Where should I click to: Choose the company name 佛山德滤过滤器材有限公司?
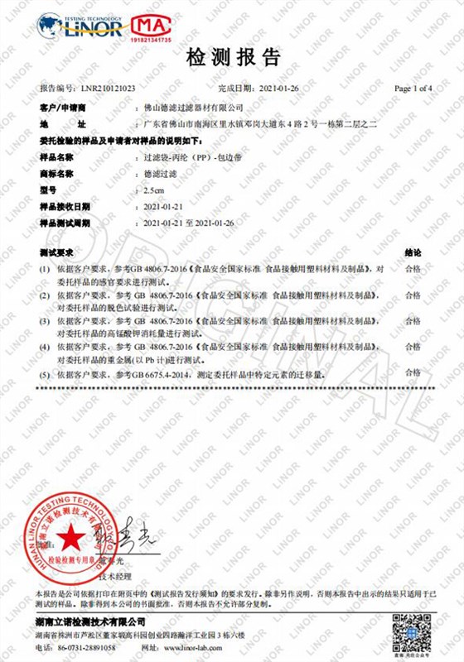[195, 108]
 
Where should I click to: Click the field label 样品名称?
[57, 156]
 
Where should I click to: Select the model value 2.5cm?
[155, 189]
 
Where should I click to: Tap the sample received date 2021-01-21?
[164, 206]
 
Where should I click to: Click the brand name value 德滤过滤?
[159, 173]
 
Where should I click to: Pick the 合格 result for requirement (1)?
[413, 269]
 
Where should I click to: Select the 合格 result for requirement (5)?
[413, 375]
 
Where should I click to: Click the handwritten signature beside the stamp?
[128, 534]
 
